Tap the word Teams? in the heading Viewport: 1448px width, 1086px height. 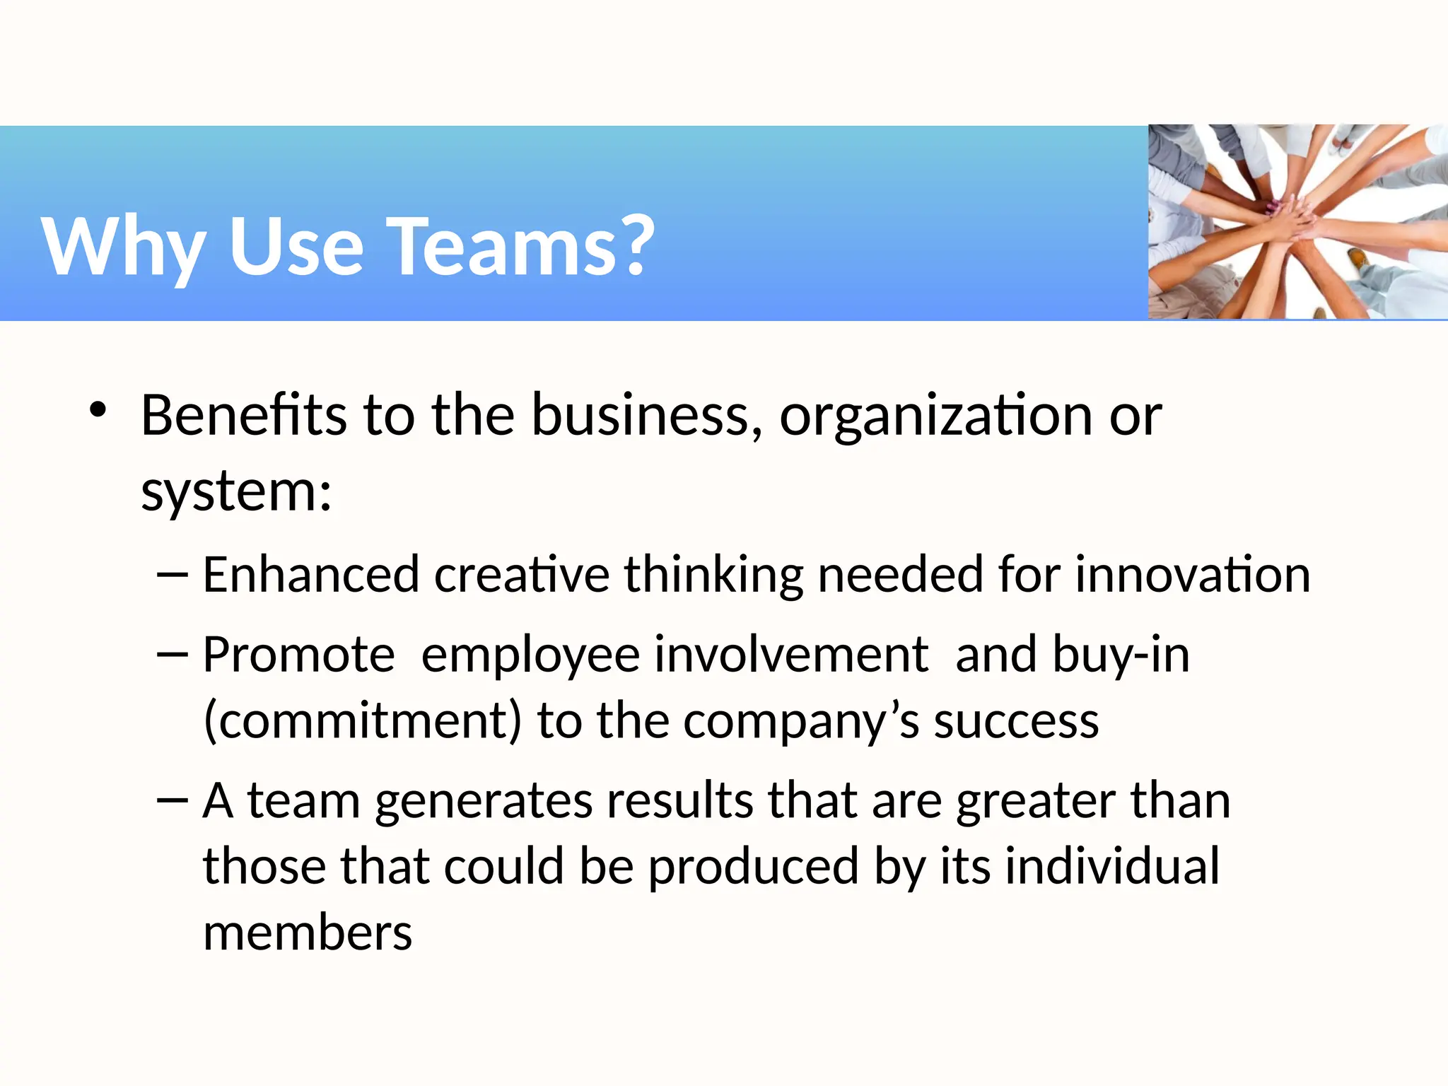pos(524,246)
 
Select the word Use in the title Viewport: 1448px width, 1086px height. pos(296,246)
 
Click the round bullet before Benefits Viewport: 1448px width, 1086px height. pos(98,410)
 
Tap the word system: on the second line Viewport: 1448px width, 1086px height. pos(236,491)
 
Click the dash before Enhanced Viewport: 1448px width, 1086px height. pos(173,574)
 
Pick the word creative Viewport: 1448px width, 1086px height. pos(521,574)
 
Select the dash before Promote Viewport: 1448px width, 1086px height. pos(173,655)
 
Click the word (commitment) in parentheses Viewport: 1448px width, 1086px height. pos(362,721)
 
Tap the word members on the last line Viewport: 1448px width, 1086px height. pos(308,933)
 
